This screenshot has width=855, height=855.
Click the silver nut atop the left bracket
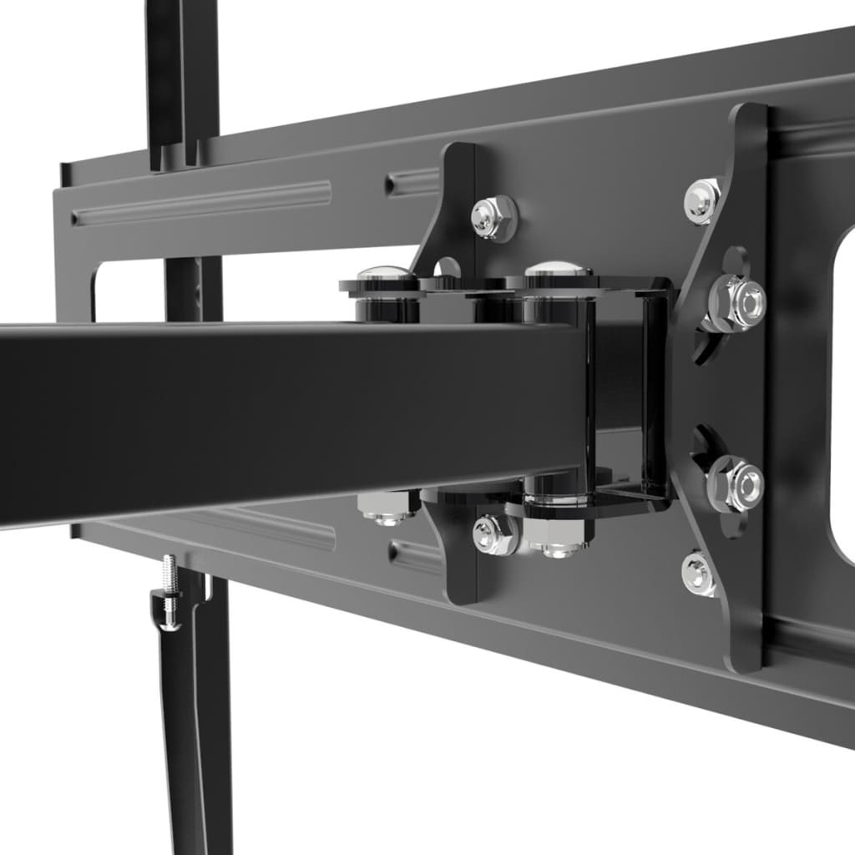point(493,218)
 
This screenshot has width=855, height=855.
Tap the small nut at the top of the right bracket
point(704,200)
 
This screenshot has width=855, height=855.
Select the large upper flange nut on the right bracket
point(736,301)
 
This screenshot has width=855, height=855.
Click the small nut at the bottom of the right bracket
point(700,574)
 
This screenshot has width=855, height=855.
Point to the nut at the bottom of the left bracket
point(494,535)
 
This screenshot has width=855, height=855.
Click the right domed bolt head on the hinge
point(558,270)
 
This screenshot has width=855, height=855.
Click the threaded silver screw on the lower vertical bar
point(170,575)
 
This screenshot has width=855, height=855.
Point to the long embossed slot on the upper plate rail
point(200,203)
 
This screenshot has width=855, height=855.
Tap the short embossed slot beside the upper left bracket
point(412,183)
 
